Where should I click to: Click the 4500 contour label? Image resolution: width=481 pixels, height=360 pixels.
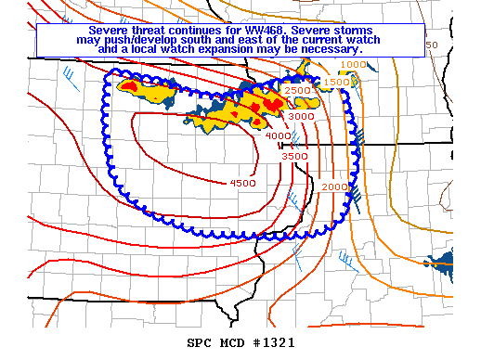[241, 183]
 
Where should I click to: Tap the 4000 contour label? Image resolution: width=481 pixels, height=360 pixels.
[278, 137]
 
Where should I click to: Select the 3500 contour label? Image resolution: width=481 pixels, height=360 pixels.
[294, 157]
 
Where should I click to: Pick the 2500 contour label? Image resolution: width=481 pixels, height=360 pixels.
[298, 90]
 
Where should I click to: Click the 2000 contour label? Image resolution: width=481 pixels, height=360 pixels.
[334, 187]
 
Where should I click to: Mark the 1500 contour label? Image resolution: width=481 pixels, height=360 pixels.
[335, 83]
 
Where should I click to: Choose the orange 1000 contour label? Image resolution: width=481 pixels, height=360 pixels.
[353, 64]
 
